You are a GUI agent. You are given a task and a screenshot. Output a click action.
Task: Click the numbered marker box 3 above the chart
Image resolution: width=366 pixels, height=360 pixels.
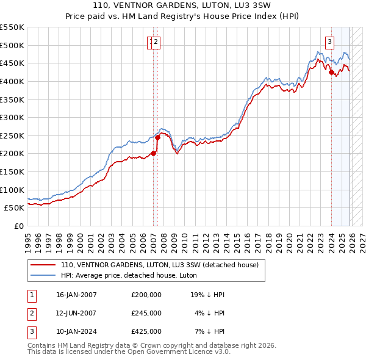tap(329, 42)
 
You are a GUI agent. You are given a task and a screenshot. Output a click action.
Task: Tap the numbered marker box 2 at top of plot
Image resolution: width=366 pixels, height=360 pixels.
tap(156, 42)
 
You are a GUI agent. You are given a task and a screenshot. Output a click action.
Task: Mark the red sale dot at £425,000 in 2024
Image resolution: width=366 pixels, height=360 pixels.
tap(331, 73)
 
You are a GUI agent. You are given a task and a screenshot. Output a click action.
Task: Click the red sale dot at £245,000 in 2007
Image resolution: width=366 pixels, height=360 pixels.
tap(157, 137)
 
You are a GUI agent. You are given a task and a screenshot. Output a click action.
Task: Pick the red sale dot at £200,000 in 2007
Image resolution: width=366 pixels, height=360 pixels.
tap(153, 153)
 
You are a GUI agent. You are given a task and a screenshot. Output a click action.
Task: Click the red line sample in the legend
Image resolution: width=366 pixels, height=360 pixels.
tap(43, 265)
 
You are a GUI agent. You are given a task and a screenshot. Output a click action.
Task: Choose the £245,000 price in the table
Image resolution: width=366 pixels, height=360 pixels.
tap(146, 313)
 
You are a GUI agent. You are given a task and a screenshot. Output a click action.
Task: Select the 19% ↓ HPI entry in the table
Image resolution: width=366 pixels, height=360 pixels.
tap(209, 295)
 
